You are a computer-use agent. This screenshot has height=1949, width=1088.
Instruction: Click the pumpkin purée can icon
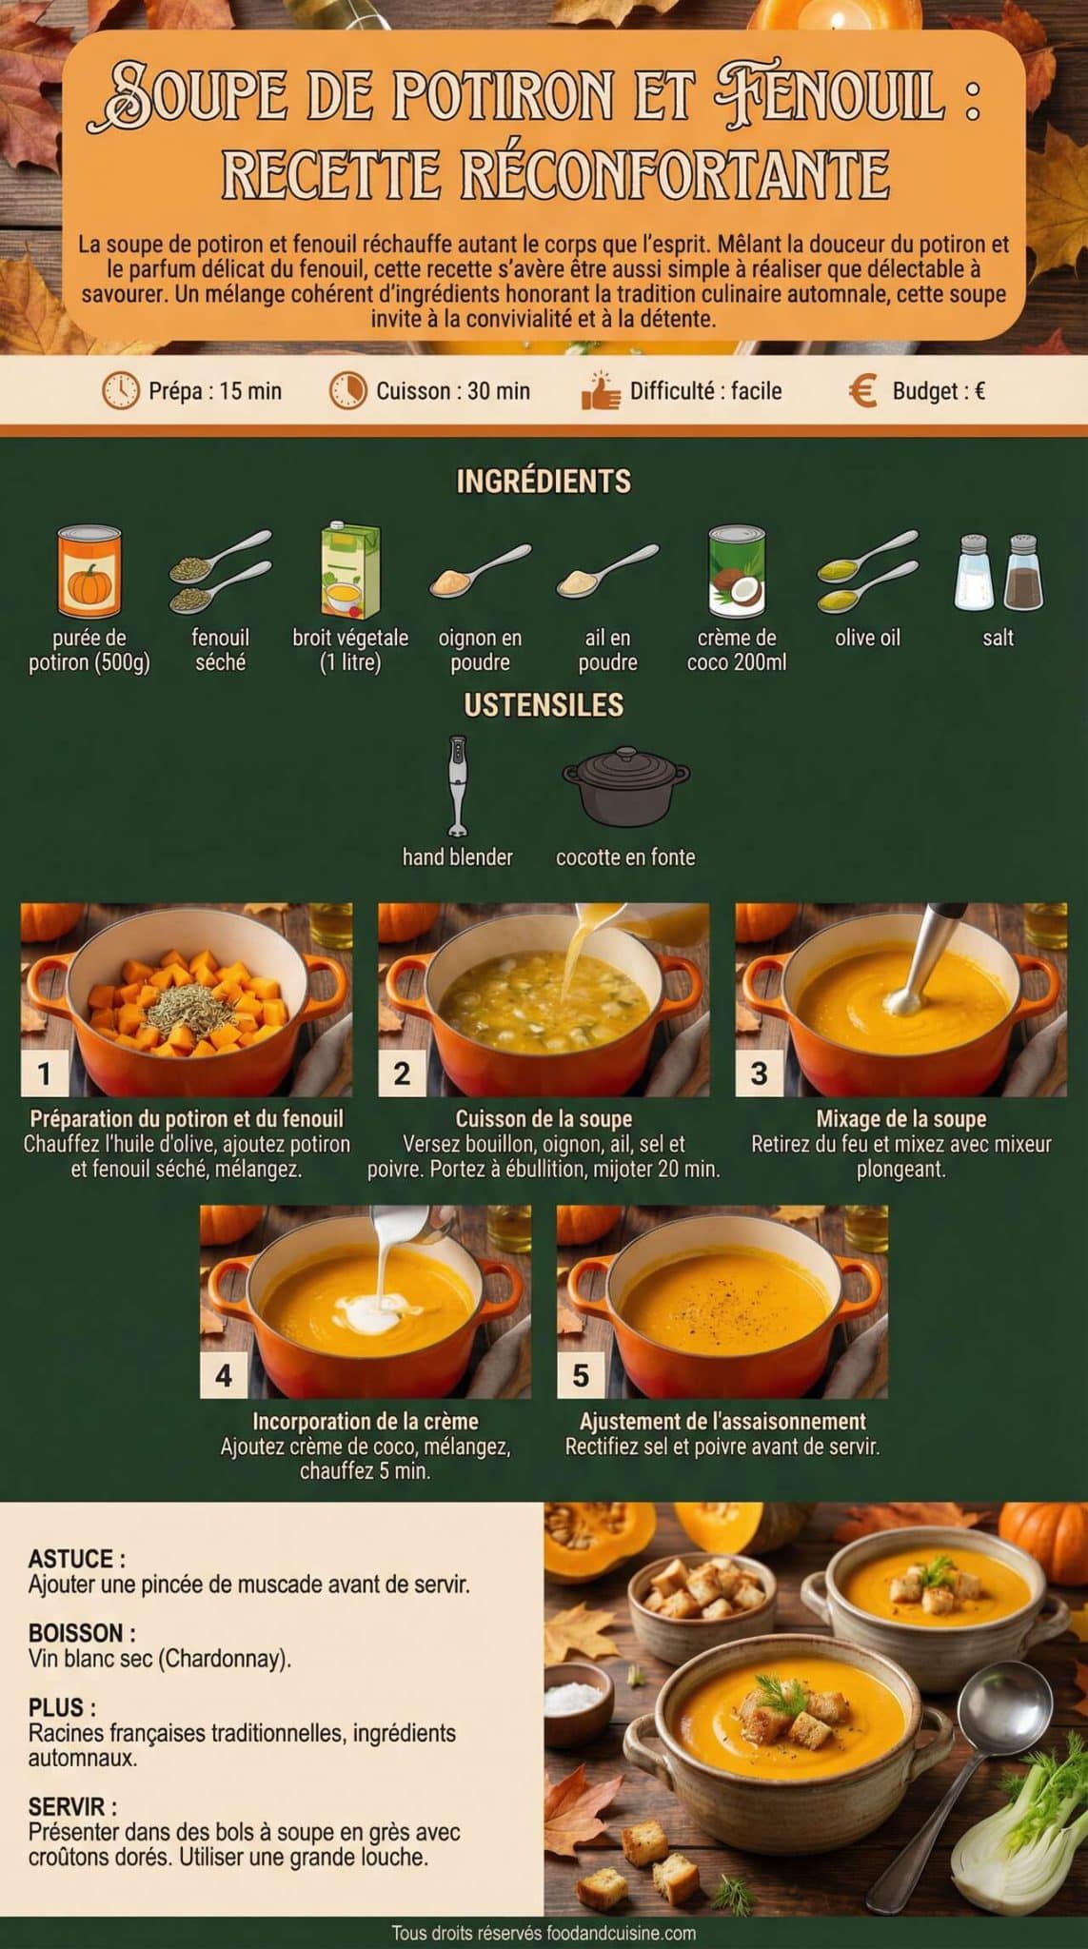click(89, 572)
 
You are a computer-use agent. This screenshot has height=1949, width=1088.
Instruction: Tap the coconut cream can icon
click(737, 571)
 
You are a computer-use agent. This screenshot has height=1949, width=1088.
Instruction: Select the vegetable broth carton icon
click(349, 571)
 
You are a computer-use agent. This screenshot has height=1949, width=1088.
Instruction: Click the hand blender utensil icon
click(458, 785)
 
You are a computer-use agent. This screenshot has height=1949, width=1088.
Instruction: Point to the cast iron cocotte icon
click(625, 787)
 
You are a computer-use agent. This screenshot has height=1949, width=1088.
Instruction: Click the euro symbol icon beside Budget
click(862, 391)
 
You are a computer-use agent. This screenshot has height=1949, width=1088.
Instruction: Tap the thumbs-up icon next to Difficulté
click(600, 391)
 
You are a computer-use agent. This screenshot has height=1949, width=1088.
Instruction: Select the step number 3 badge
click(759, 1073)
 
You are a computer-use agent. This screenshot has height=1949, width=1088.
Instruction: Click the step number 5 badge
click(581, 1375)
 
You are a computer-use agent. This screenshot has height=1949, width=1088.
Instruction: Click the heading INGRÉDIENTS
click(544, 482)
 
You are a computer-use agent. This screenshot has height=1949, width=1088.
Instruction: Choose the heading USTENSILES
click(544, 705)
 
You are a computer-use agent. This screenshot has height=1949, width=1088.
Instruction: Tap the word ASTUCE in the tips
click(72, 1559)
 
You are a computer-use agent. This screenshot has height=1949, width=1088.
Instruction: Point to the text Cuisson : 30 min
click(452, 391)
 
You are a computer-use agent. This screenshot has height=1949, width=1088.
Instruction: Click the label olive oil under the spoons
click(867, 638)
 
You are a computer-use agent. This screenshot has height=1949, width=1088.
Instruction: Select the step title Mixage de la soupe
click(900, 1119)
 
